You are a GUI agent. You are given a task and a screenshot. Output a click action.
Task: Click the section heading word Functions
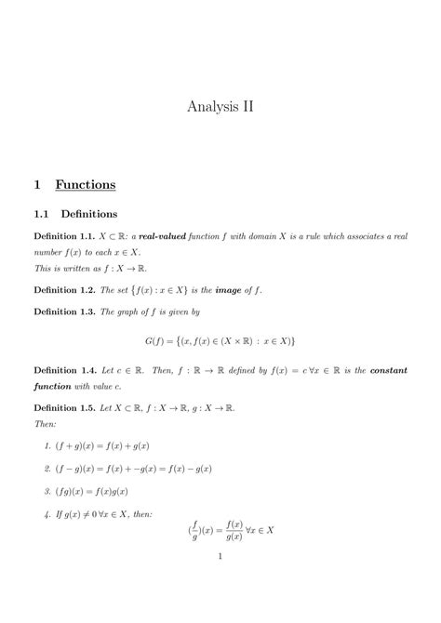tap(85, 184)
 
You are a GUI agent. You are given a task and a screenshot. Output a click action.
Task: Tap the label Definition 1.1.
tap(68, 237)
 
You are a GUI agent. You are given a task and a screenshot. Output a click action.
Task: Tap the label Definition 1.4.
tap(68, 369)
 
